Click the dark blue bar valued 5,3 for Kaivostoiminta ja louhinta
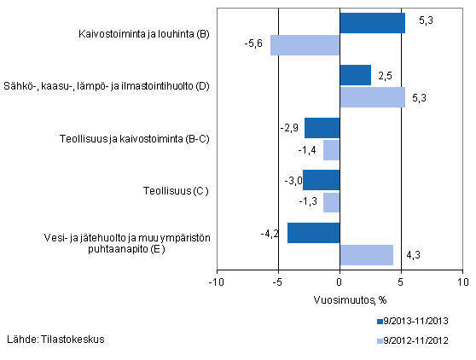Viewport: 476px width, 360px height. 372,23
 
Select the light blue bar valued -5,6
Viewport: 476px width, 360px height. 305,45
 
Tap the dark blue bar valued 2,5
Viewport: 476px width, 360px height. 355,75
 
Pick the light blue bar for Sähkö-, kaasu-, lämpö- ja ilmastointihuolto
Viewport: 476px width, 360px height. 372,97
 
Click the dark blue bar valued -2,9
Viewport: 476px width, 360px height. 322,128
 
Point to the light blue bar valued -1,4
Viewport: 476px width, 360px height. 331,150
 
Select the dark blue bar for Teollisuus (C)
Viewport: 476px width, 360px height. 321,180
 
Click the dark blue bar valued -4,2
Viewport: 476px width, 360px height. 313,233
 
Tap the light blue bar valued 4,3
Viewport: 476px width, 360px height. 366,255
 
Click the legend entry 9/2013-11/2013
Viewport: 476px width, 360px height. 424,322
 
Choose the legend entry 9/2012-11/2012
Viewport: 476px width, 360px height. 424,340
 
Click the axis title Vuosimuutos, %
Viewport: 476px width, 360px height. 340,299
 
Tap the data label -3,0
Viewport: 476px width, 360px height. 289,179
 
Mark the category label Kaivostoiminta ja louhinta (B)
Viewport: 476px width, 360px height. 142,35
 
